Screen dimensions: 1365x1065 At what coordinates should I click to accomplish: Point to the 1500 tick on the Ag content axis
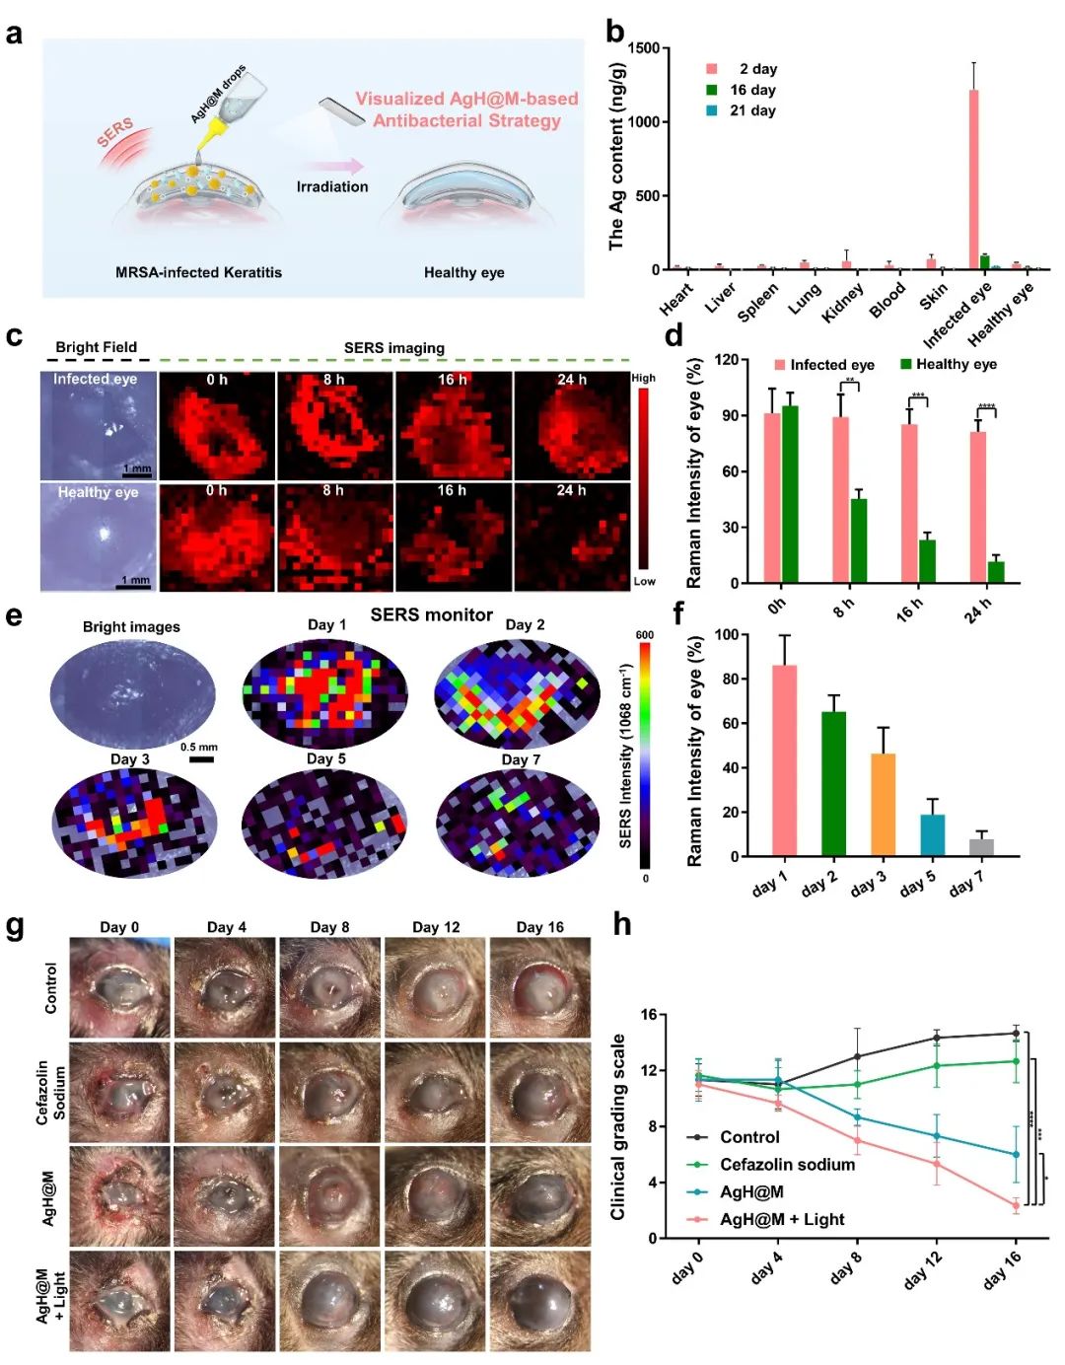(x=644, y=48)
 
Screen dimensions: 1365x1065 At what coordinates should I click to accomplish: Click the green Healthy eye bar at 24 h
(x=996, y=572)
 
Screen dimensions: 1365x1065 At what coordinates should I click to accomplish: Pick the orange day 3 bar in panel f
(x=883, y=805)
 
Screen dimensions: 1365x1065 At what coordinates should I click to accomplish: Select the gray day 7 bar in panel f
(x=981, y=847)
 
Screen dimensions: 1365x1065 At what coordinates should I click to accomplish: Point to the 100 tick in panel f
(x=727, y=635)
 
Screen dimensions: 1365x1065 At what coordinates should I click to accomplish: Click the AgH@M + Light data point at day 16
(x=1016, y=1205)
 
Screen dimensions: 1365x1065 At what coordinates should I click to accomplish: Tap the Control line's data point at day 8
(x=857, y=1056)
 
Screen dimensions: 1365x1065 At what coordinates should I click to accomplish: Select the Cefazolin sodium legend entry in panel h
(x=787, y=1165)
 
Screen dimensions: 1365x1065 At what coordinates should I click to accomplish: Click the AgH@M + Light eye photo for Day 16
(x=540, y=1301)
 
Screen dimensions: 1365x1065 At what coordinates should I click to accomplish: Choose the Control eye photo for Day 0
(x=119, y=987)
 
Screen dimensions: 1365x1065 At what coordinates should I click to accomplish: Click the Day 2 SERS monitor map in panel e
(x=517, y=694)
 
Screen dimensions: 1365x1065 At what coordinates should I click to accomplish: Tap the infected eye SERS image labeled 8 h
(x=334, y=425)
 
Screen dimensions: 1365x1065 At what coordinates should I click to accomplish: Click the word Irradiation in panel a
(x=332, y=186)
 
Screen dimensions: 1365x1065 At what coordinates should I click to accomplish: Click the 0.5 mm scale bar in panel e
(x=201, y=759)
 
